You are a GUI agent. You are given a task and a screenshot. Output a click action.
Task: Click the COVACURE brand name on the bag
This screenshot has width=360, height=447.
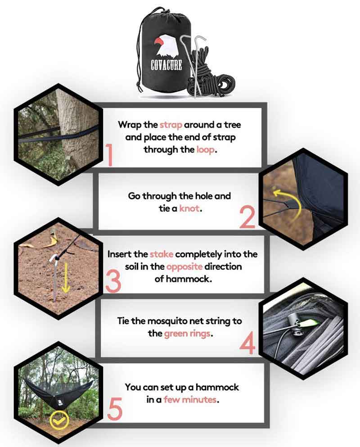(166, 65)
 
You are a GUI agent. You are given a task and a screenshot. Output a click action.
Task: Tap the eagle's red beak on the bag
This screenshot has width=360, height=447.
(159, 42)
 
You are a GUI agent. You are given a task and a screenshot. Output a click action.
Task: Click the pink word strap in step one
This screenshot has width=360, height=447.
(171, 125)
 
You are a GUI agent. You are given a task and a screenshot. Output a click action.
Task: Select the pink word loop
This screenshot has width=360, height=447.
(205, 149)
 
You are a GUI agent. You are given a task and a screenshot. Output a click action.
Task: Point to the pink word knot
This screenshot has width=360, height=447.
(189, 208)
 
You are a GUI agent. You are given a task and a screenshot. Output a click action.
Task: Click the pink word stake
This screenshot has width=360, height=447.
(162, 254)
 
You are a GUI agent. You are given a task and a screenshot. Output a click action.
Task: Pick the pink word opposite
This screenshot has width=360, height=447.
(184, 267)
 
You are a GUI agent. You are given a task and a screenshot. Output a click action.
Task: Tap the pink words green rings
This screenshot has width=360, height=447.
(188, 334)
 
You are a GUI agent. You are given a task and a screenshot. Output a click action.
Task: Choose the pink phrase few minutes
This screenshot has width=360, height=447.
(190, 400)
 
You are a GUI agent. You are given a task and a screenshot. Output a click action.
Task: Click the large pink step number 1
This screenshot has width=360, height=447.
(109, 155)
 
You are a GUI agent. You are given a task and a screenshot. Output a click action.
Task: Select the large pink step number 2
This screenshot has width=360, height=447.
(247, 217)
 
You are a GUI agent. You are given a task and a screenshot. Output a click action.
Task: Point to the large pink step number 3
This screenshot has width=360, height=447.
(113, 282)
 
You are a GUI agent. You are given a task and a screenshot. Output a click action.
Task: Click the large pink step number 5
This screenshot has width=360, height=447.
(115, 409)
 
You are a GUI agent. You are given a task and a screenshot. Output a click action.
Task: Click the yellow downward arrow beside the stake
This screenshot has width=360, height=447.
(66, 277)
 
